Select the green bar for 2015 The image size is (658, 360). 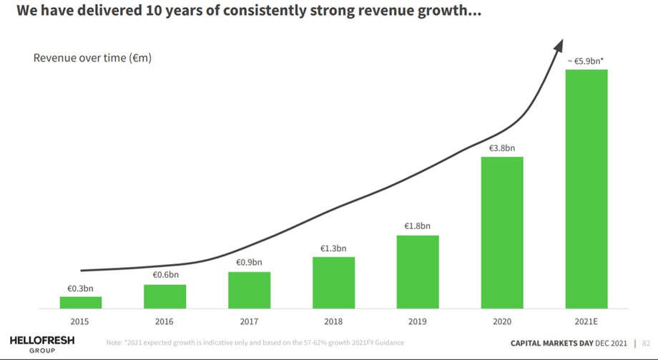click(x=80, y=302)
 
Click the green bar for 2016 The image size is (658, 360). click(x=164, y=296)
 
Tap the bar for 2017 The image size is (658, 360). click(x=249, y=290)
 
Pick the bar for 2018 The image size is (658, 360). click(x=333, y=283)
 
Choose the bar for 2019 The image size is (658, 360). click(x=418, y=272)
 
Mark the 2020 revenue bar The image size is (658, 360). click(x=502, y=233)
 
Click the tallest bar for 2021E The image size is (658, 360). click(x=586, y=189)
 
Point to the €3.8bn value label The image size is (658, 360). click(x=502, y=148)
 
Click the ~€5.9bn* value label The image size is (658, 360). click(x=586, y=62)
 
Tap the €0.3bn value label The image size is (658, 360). click(x=80, y=288)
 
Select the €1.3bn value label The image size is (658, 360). click(x=333, y=248)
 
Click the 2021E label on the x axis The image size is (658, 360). click(x=586, y=321)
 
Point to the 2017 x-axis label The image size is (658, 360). click(x=249, y=321)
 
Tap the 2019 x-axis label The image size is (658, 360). click(x=418, y=321)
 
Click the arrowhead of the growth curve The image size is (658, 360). click(x=557, y=45)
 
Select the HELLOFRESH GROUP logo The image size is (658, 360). click(x=42, y=344)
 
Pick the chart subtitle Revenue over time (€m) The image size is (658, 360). click(x=92, y=57)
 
